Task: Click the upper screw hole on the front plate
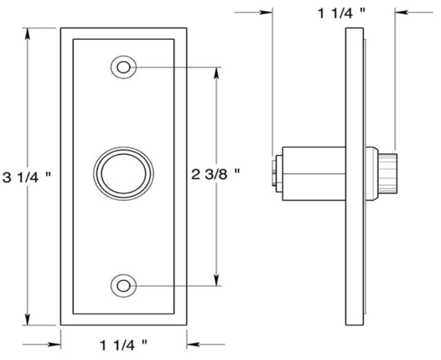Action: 123,67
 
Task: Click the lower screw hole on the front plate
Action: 123,286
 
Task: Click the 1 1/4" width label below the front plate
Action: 123,344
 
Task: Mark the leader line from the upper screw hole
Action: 176,67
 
